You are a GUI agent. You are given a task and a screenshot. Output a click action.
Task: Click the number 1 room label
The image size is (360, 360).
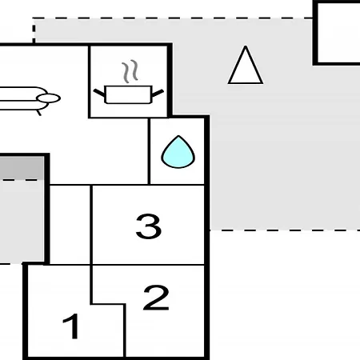(71, 326)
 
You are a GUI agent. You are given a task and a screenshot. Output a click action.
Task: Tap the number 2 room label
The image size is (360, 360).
(156, 298)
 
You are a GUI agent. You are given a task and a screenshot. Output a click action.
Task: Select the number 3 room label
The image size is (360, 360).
(149, 226)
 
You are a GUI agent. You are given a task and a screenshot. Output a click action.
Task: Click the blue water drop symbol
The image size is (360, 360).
(178, 152)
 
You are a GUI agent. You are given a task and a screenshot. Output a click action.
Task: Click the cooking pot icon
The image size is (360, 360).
(129, 94)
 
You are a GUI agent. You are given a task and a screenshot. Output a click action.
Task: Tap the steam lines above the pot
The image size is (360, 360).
(130, 71)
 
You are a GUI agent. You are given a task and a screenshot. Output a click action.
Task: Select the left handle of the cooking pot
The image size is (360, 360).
(99, 93)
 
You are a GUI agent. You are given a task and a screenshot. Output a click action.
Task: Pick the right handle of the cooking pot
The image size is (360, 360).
(158, 93)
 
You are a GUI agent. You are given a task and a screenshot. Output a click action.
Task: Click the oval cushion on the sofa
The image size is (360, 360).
(49, 98)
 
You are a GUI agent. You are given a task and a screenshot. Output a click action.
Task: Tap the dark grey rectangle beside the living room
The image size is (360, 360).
(22, 168)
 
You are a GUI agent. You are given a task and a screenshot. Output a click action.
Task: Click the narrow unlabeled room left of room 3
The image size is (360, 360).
(70, 225)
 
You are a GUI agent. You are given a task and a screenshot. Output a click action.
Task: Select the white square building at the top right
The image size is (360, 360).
(338, 33)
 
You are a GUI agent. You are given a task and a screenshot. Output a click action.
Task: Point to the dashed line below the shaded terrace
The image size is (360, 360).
(285, 230)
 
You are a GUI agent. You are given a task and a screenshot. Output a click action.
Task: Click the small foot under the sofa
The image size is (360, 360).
(39, 113)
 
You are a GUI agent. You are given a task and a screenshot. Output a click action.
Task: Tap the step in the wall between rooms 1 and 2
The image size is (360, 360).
(108, 304)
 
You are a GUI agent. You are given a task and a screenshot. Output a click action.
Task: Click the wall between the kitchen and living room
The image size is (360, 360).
(90, 82)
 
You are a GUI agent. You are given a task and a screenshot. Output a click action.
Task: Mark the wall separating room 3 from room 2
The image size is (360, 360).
(148, 265)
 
